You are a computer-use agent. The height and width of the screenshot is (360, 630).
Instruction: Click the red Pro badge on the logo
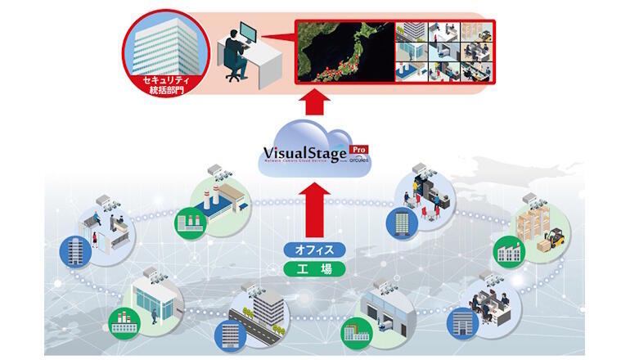click(358, 150)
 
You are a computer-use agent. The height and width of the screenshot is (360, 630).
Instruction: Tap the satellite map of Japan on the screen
click(344, 52)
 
